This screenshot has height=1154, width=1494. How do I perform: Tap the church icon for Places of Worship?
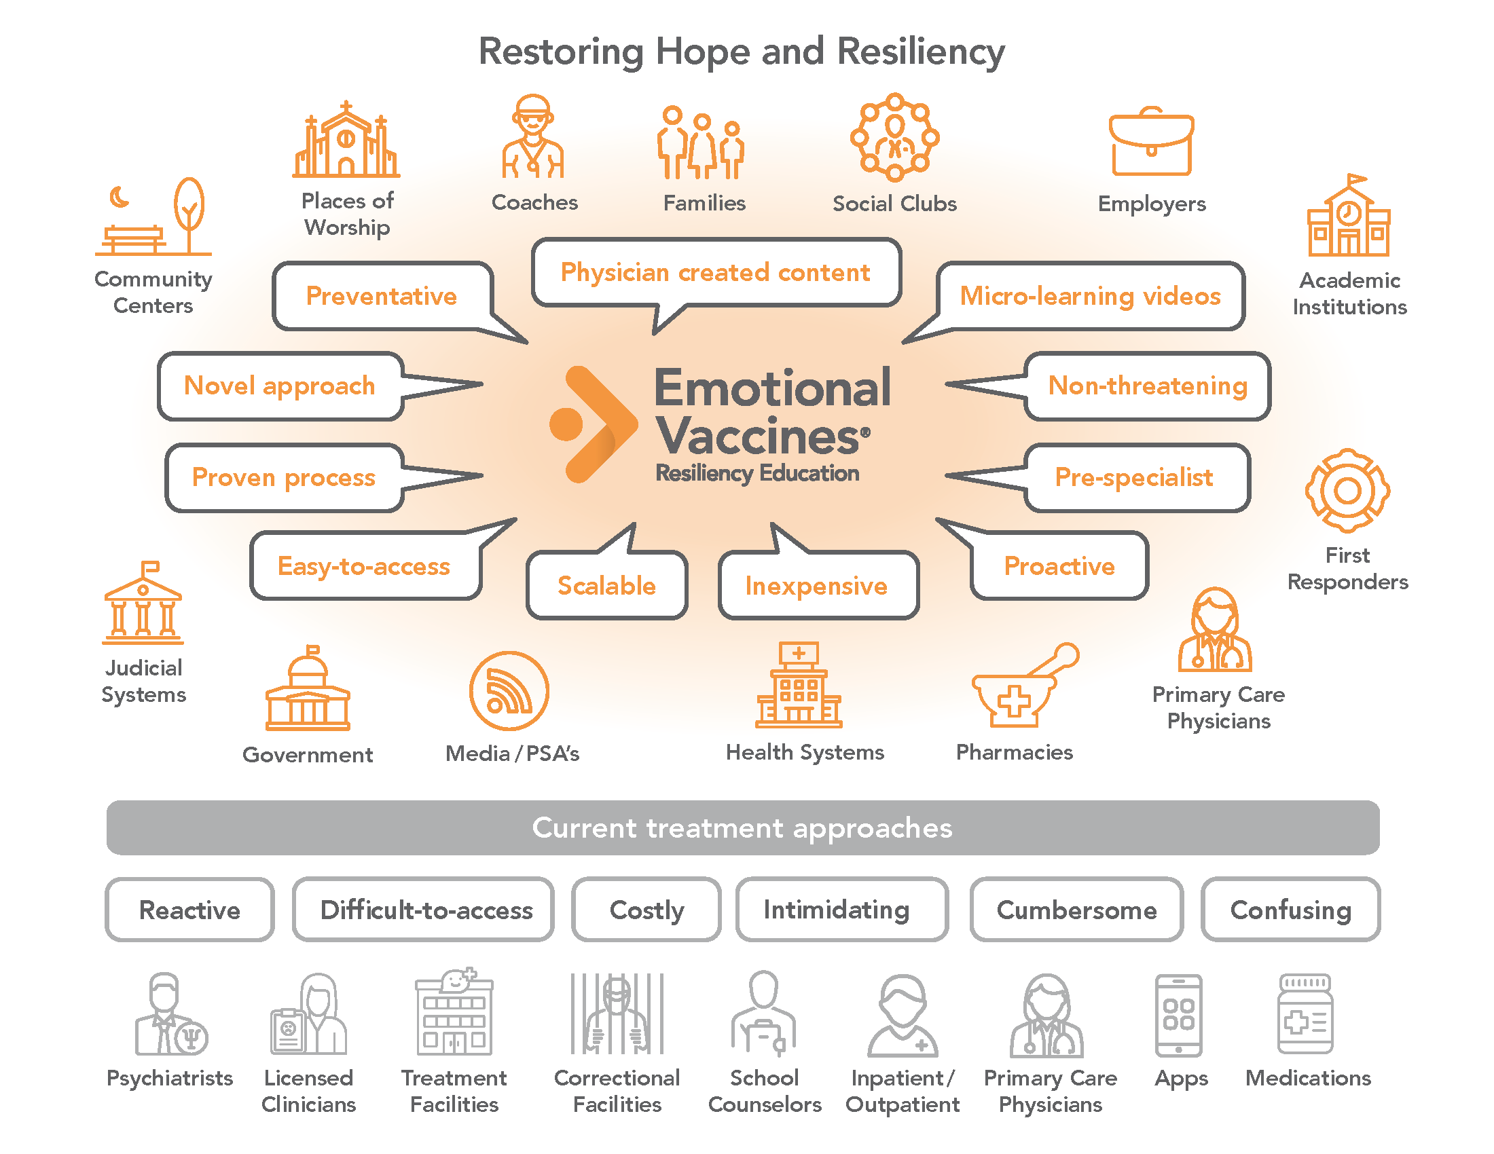[x=346, y=141]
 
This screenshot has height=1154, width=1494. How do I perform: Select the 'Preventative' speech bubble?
[x=382, y=296]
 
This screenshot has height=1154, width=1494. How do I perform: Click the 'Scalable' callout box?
[x=606, y=585]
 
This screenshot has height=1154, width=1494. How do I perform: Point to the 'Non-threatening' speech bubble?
[x=1147, y=386]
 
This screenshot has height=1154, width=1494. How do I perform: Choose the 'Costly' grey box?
[x=646, y=910]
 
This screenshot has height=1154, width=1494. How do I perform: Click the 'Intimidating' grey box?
[x=836, y=910]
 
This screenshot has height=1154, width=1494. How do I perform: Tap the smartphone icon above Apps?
[x=1178, y=1016]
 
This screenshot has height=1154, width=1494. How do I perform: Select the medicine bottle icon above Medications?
[x=1305, y=1015]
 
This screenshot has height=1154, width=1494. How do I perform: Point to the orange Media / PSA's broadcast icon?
[x=509, y=691]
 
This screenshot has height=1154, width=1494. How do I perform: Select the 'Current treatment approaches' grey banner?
[x=742, y=828]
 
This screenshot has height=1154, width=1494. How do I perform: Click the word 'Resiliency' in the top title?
[x=921, y=52]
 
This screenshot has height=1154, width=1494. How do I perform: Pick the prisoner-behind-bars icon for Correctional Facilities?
[x=617, y=1015]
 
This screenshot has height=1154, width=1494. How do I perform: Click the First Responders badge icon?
[x=1347, y=490]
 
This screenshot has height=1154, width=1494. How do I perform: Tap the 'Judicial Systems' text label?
[x=144, y=681]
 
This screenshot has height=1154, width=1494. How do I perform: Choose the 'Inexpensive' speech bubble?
[x=818, y=585]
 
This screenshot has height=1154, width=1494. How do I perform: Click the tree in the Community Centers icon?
[x=189, y=212]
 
